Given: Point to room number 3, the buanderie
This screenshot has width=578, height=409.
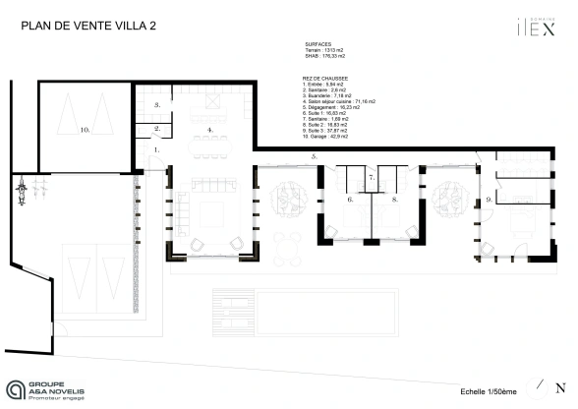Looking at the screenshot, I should click(156, 102).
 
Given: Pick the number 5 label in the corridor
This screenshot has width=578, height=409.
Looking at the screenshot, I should click(313, 156).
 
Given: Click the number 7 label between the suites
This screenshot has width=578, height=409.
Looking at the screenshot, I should click(350, 200).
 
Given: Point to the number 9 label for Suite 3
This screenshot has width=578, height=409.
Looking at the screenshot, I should click(488, 200).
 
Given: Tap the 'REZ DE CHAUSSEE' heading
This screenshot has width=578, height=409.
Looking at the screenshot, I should click(326, 79).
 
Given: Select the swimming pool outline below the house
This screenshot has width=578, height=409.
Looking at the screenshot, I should click(303, 312).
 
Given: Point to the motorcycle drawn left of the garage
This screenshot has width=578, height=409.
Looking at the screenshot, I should click(19, 190).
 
